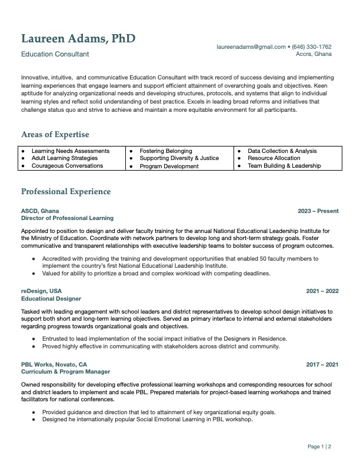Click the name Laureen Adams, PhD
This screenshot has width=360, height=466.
pos(78,39)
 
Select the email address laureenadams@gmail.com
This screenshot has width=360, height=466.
pos(251,46)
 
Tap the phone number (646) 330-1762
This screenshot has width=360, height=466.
pos(311,46)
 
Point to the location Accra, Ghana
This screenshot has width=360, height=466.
pos(314,54)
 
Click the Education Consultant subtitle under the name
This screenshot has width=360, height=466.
pos(55,54)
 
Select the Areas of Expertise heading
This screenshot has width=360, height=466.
pos(55,134)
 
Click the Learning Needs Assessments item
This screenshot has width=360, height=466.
pos(71,151)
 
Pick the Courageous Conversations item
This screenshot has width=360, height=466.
pos(67,166)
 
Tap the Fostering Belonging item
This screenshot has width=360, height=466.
pos(166,151)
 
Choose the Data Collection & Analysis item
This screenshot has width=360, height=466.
pos(282,151)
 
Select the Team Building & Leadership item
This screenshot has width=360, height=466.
pos(284,166)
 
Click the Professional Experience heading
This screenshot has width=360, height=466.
pos(66,192)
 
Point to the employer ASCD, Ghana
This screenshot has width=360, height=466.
pos(40,211)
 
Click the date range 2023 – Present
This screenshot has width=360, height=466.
pos(318,211)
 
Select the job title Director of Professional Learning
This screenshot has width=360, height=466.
pos(67,218)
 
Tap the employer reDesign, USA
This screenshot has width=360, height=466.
pos(41,291)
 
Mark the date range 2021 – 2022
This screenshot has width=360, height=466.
pos(322,291)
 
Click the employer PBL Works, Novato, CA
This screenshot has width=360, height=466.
pos(54,365)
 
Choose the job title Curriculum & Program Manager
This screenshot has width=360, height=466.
pos(65,372)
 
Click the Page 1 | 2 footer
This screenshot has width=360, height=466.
pos(319,447)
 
